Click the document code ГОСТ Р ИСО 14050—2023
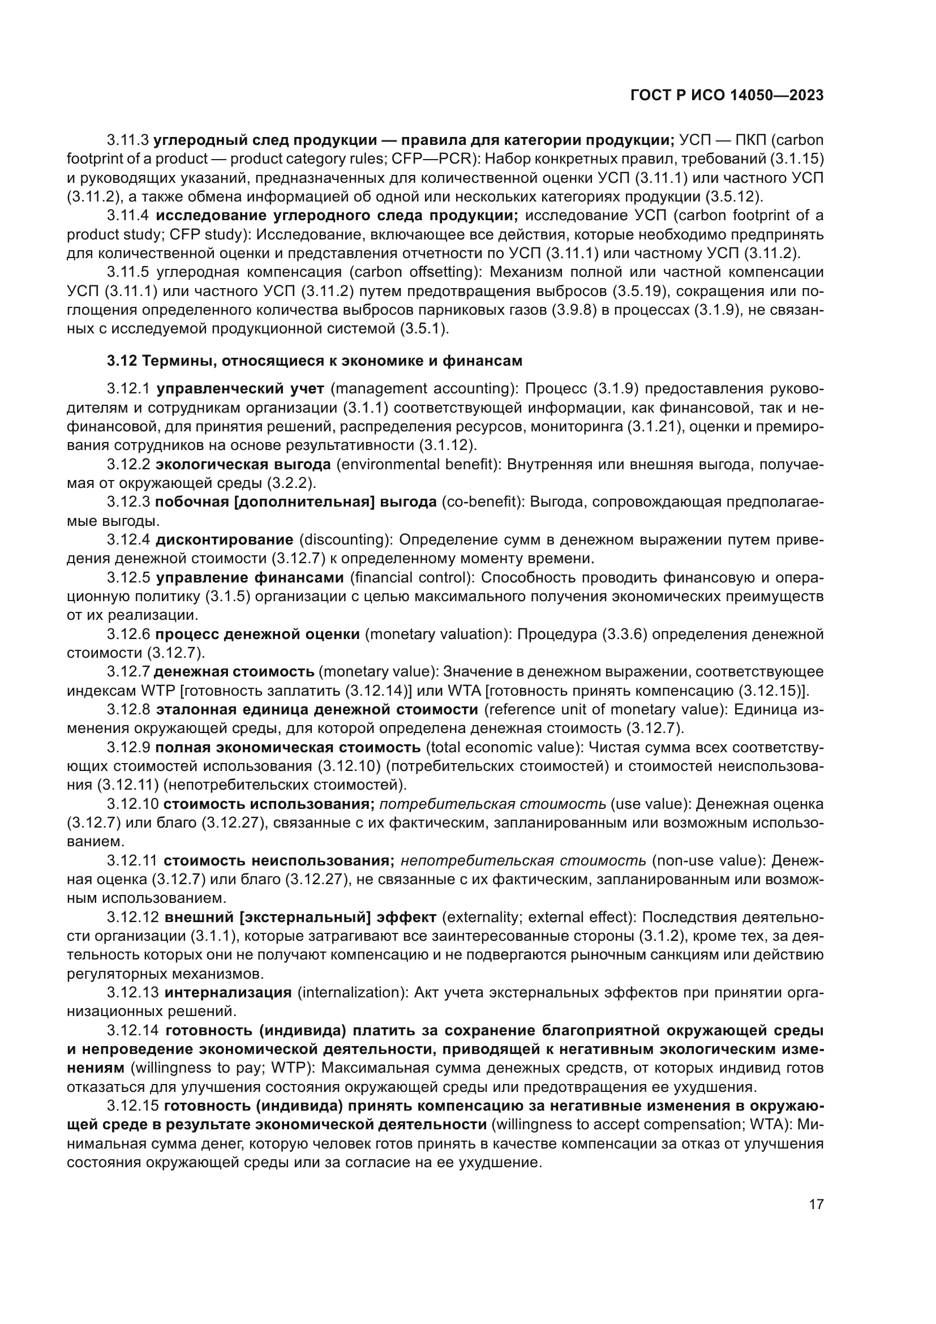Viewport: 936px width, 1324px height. (727, 96)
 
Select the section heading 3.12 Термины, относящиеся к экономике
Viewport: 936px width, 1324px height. (314, 361)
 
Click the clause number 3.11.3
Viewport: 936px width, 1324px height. (128, 140)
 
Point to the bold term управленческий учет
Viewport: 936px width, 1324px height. (240, 389)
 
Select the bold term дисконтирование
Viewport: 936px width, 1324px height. (225, 540)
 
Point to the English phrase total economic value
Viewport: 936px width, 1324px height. (502, 747)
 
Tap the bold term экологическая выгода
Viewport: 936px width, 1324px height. (243, 464)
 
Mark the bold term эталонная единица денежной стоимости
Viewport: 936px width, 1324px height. (317, 709)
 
